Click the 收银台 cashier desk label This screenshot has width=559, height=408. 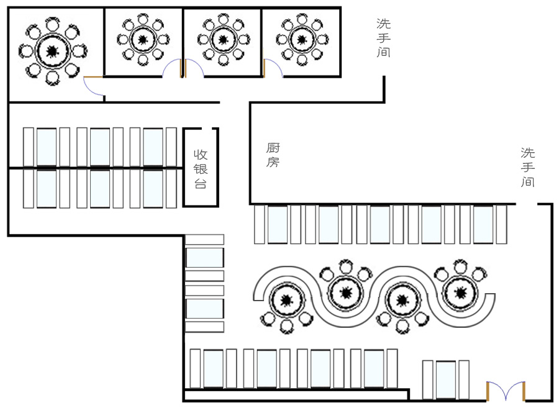click(x=201, y=168)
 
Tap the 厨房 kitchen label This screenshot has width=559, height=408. click(x=273, y=155)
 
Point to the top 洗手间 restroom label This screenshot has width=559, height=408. click(x=383, y=38)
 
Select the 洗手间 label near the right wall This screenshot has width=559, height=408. click(x=528, y=167)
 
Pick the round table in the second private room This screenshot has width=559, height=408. click(x=143, y=40)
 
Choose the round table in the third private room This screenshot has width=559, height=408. click(x=222, y=40)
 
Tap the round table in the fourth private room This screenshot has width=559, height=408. click(x=301, y=40)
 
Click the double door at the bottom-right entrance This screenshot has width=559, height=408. click(x=506, y=391)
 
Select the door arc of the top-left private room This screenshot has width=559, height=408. click(x=93, y=87)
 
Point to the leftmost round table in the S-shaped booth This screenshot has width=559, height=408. click(x=286, y=301)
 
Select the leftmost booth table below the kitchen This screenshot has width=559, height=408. click(x=278, y=224)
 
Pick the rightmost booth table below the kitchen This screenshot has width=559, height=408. click(x=483, y=224)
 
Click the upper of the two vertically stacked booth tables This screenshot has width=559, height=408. click(x=204, y=258)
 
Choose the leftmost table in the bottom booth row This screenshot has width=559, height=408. click(x=213, y=369)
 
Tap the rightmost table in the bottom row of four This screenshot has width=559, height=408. click(x=374, y=369)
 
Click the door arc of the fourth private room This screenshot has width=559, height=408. click(x=273, y=68)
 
